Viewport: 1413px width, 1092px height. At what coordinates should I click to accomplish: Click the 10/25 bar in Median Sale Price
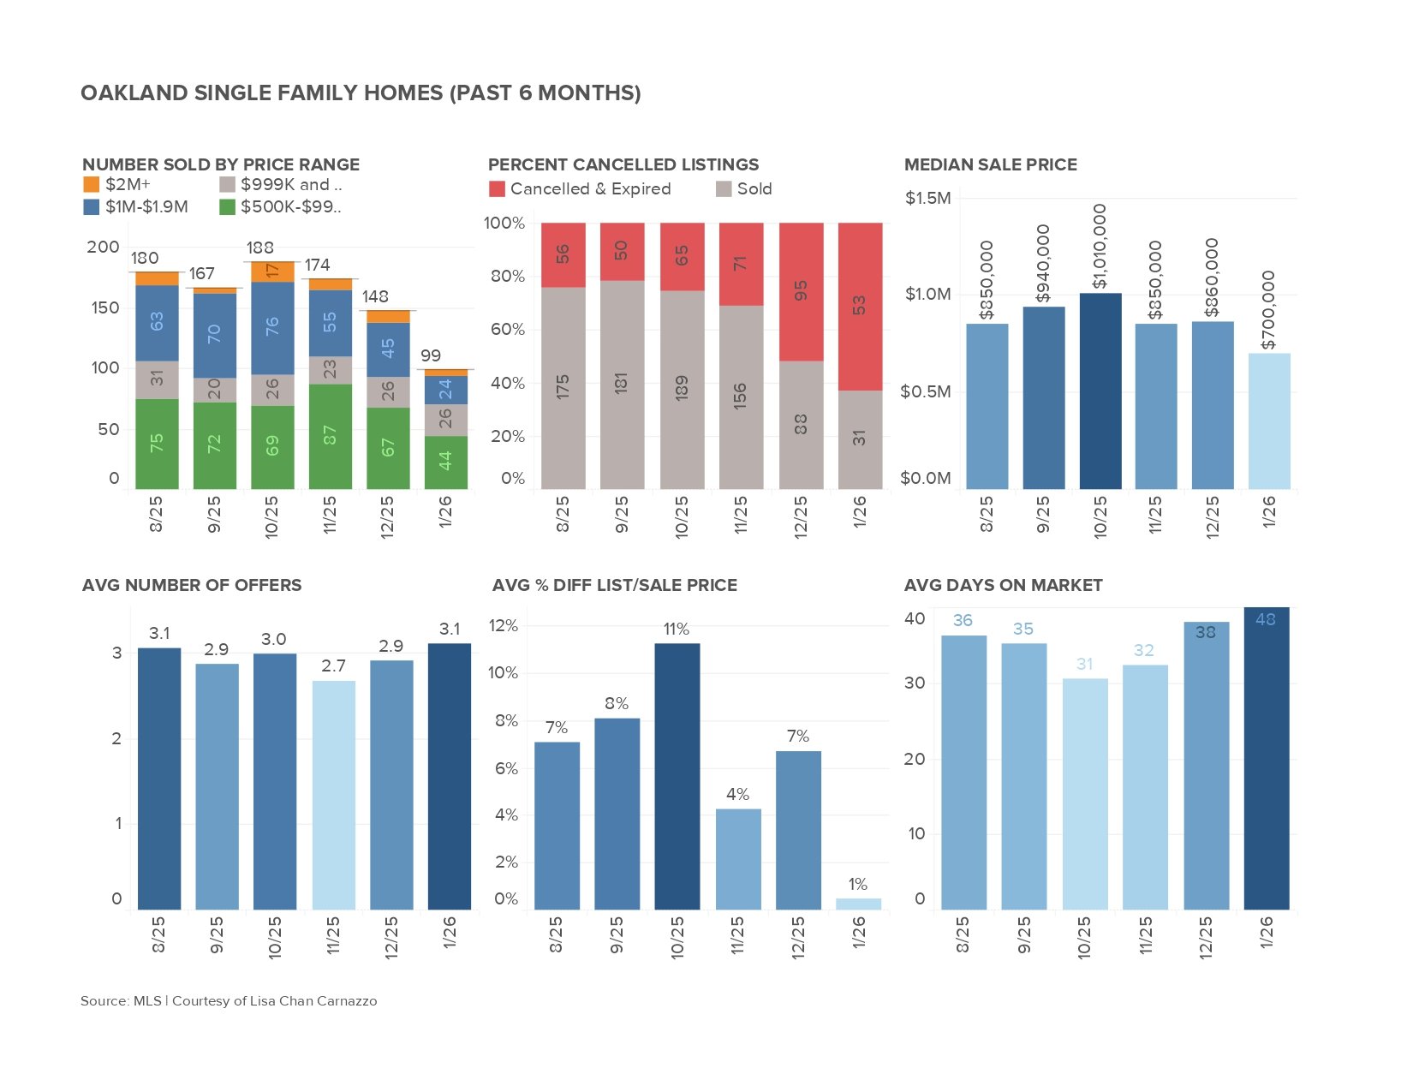pyautogui.click(x=1100, y=391)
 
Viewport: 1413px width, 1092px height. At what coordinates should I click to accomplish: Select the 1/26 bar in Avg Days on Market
pyautogui.click(x=1266, y=762)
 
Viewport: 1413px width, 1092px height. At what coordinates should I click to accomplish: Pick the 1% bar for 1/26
pyautogui.click(x=858, y=904)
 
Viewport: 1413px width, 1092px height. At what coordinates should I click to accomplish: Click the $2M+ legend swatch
pyautogui.click(x=92, y=184)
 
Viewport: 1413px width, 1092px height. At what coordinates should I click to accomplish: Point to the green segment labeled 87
pyautogui.click(x=330, y=436)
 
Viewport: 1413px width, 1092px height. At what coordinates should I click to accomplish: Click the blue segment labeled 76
pyautogui.click(x=272, y=327)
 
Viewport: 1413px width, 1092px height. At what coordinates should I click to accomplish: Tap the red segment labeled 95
pyautogui.click(x=801, y=291)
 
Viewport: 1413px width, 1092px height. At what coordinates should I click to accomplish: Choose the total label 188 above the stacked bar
pyautogui.click(x=259, y=248)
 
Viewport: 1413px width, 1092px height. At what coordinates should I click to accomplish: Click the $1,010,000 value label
pyautogui.click(x=1100, y=246)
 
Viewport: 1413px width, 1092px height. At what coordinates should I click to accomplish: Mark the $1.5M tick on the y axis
pyautogui.click(x=927, y=199)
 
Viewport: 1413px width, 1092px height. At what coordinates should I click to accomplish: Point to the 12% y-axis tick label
pyautogui.click(x=504, y=626)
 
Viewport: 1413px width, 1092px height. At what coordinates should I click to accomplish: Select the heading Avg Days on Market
pyautogui.click(x=1003, y=585)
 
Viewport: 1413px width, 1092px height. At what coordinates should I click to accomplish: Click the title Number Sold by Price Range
pyautogui.click(x=220, y=164)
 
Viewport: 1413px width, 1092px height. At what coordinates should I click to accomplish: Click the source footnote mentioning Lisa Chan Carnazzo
pyautogui.click(x=229, y=1000)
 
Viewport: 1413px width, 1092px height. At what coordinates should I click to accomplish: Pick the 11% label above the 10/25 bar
pyautogui.click(x=676, y=630)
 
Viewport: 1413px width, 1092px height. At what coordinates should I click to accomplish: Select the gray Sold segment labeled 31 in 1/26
pyautogui.click(x=860, y=439)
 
